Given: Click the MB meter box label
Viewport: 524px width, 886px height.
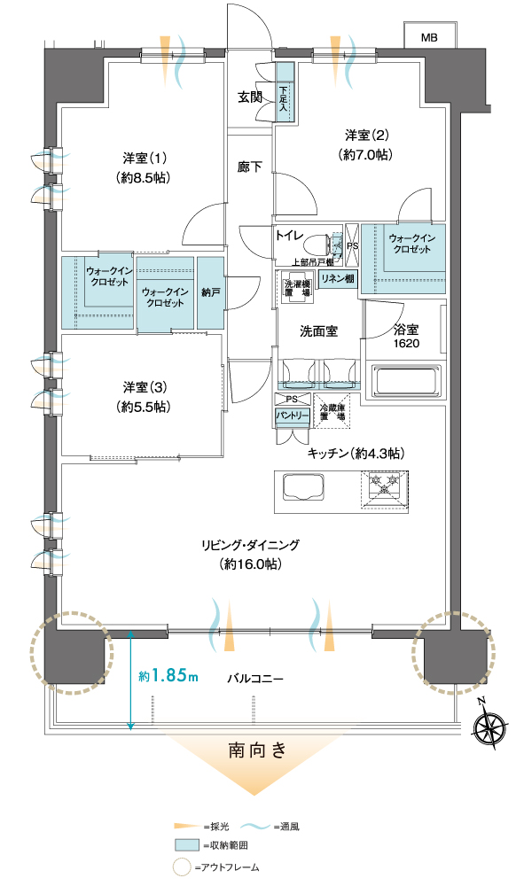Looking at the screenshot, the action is point(429,38).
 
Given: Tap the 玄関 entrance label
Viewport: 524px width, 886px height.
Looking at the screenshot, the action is point(249,97).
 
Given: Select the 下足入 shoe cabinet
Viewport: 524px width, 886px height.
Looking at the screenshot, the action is point(285,91).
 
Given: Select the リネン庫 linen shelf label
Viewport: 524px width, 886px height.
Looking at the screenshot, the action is point(338,278).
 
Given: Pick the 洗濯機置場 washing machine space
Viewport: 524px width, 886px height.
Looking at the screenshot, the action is point(297,288).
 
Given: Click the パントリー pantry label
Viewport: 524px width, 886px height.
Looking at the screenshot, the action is point(293,416).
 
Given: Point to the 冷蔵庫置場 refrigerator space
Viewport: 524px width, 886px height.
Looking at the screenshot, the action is point(332,412).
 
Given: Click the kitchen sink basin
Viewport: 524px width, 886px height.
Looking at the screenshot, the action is point(303,486).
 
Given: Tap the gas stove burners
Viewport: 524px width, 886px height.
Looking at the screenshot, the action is point(385,487).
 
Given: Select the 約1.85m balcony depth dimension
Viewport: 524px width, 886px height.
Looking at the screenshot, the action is point(168,676).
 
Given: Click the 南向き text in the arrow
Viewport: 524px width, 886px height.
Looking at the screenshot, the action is point(257,750).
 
